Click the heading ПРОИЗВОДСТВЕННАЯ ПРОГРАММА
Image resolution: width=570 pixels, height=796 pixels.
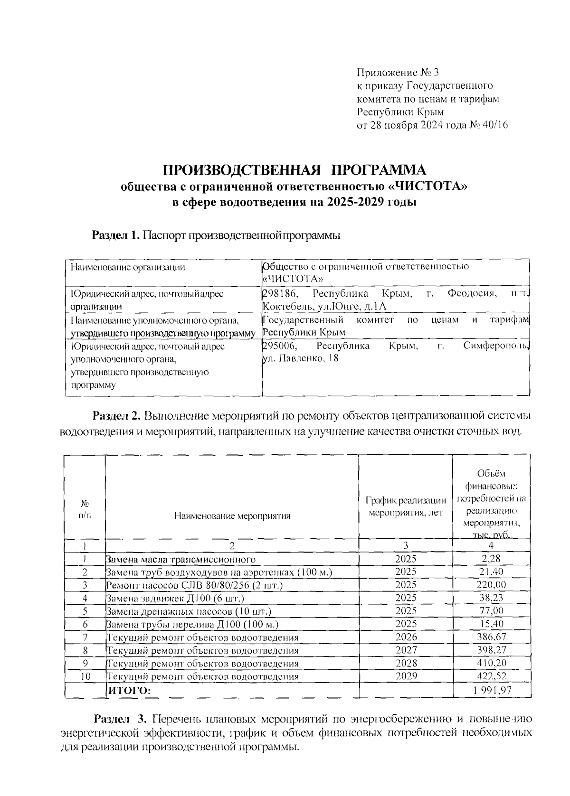click(x=294, y=169)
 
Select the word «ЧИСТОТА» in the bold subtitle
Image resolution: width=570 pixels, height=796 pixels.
click(x=429, y=186)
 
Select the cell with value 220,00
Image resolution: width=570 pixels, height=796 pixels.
click(x=491, y=585)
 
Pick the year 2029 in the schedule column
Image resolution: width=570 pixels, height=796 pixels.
click(x=405, y=677)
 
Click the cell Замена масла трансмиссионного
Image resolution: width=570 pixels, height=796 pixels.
click(x=181, y=560)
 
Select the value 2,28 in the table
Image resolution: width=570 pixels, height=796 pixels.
click(x=491, y=559)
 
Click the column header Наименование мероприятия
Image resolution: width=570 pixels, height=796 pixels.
click(x=232, y=516)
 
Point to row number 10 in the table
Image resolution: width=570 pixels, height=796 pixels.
click(x=85, y=677)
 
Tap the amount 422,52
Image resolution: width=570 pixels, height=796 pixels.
click(x=491, y=676)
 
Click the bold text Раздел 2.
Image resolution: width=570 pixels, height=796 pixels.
click(x=116, y=416)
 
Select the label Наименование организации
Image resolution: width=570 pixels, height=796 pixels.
click(x=128, y=267)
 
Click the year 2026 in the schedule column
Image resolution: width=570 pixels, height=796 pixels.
click(x=405, y=637)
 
